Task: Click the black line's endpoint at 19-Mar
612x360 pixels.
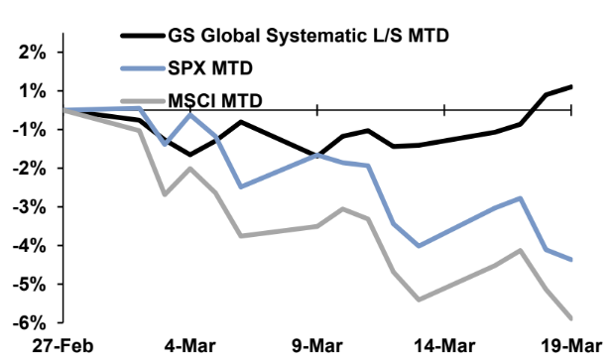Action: [572, 86]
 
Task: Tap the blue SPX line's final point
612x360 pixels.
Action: [572, 260]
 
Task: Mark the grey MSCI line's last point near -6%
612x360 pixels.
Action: [572, 318]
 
